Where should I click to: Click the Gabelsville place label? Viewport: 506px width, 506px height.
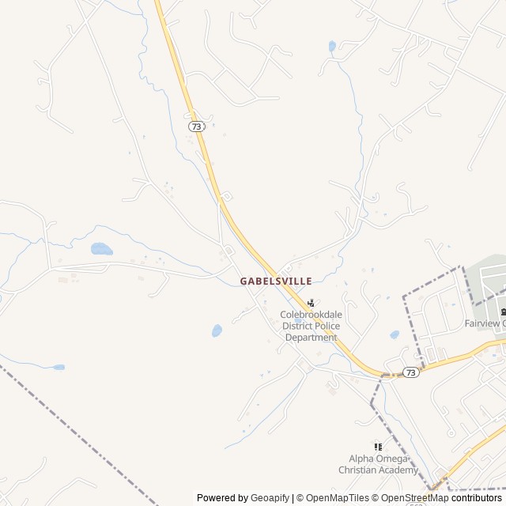(276, 281)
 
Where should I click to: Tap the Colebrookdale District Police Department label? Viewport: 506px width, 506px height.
(311, 326)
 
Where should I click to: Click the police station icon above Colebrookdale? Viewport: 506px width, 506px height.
(311, 302)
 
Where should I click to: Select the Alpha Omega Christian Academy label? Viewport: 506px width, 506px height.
(378, 464)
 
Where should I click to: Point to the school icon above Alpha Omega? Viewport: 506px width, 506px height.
(378, 447)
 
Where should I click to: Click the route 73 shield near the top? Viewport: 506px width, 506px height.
(197, 126)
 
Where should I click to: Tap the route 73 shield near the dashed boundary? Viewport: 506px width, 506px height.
(410, 372)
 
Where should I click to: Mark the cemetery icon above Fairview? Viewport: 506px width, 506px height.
(501, 309)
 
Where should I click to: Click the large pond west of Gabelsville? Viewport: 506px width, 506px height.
(101, 249)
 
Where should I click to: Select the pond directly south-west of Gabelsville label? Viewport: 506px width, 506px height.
(217, 330)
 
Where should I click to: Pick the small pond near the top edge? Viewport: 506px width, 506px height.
(332, 46)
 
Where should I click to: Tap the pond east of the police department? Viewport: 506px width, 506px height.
(394, 334)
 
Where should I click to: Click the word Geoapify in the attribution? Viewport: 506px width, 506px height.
(270, 498)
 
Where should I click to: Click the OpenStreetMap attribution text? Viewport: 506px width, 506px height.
(415, 498)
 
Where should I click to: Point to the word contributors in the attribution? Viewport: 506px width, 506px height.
(477, 498)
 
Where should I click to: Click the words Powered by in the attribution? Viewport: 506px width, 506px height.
(222, 498)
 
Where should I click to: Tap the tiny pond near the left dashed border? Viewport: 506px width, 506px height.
(59, 367)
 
